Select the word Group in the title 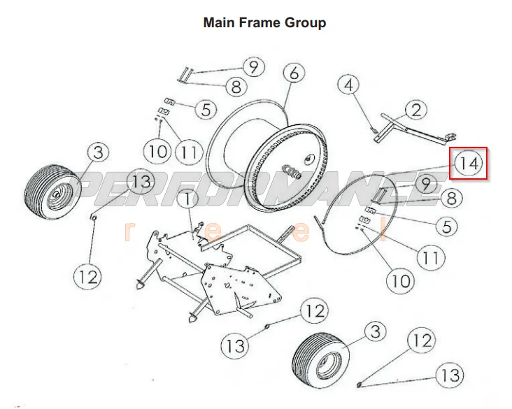pos(305,22)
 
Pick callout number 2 pos(416,110)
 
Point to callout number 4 pos(350,85)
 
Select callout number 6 pos(294,73)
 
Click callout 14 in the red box pos(469,164)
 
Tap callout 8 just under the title pos(236,87)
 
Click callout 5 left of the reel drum pos(206,110)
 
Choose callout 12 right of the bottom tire pos(420,342)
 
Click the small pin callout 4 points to pos(375,130)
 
